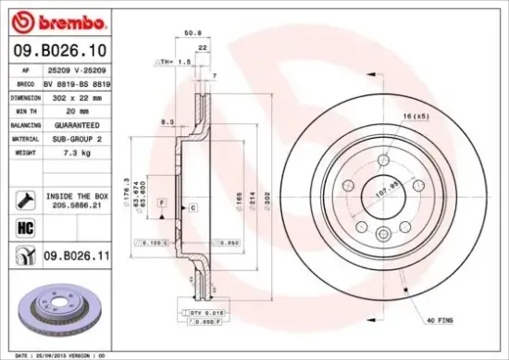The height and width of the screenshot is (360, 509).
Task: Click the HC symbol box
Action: tap(26, 226)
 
